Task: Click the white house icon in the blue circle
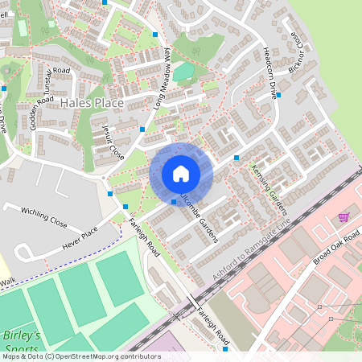tap(180, 173)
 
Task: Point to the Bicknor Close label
tap(297, 51)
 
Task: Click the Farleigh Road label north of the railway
tap(148, 238)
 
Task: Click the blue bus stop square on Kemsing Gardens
tap(237, 158)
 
